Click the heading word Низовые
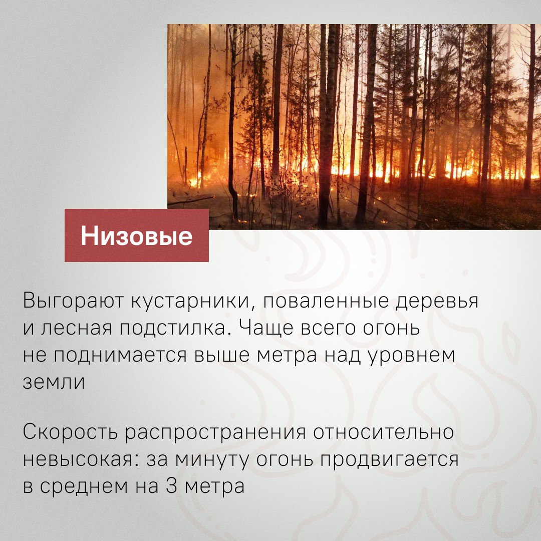(137, 236)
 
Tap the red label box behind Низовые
(137, 235)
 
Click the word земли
(54, 382)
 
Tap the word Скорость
(70, 432)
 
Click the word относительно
(383, 432)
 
